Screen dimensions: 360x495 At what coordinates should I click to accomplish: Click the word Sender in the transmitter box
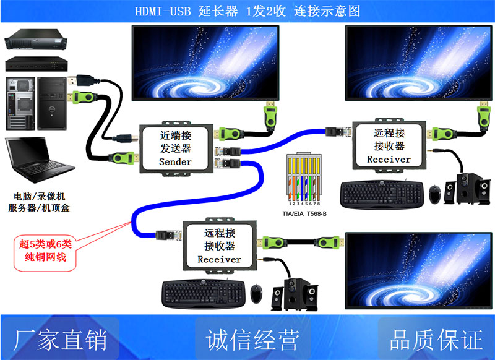175,161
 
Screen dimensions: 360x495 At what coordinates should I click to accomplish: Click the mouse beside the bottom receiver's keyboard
256,293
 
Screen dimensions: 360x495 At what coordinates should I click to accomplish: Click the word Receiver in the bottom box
219,259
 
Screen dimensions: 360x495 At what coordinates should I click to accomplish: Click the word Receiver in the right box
389,159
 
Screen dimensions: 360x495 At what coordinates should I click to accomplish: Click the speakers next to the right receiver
466,189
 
